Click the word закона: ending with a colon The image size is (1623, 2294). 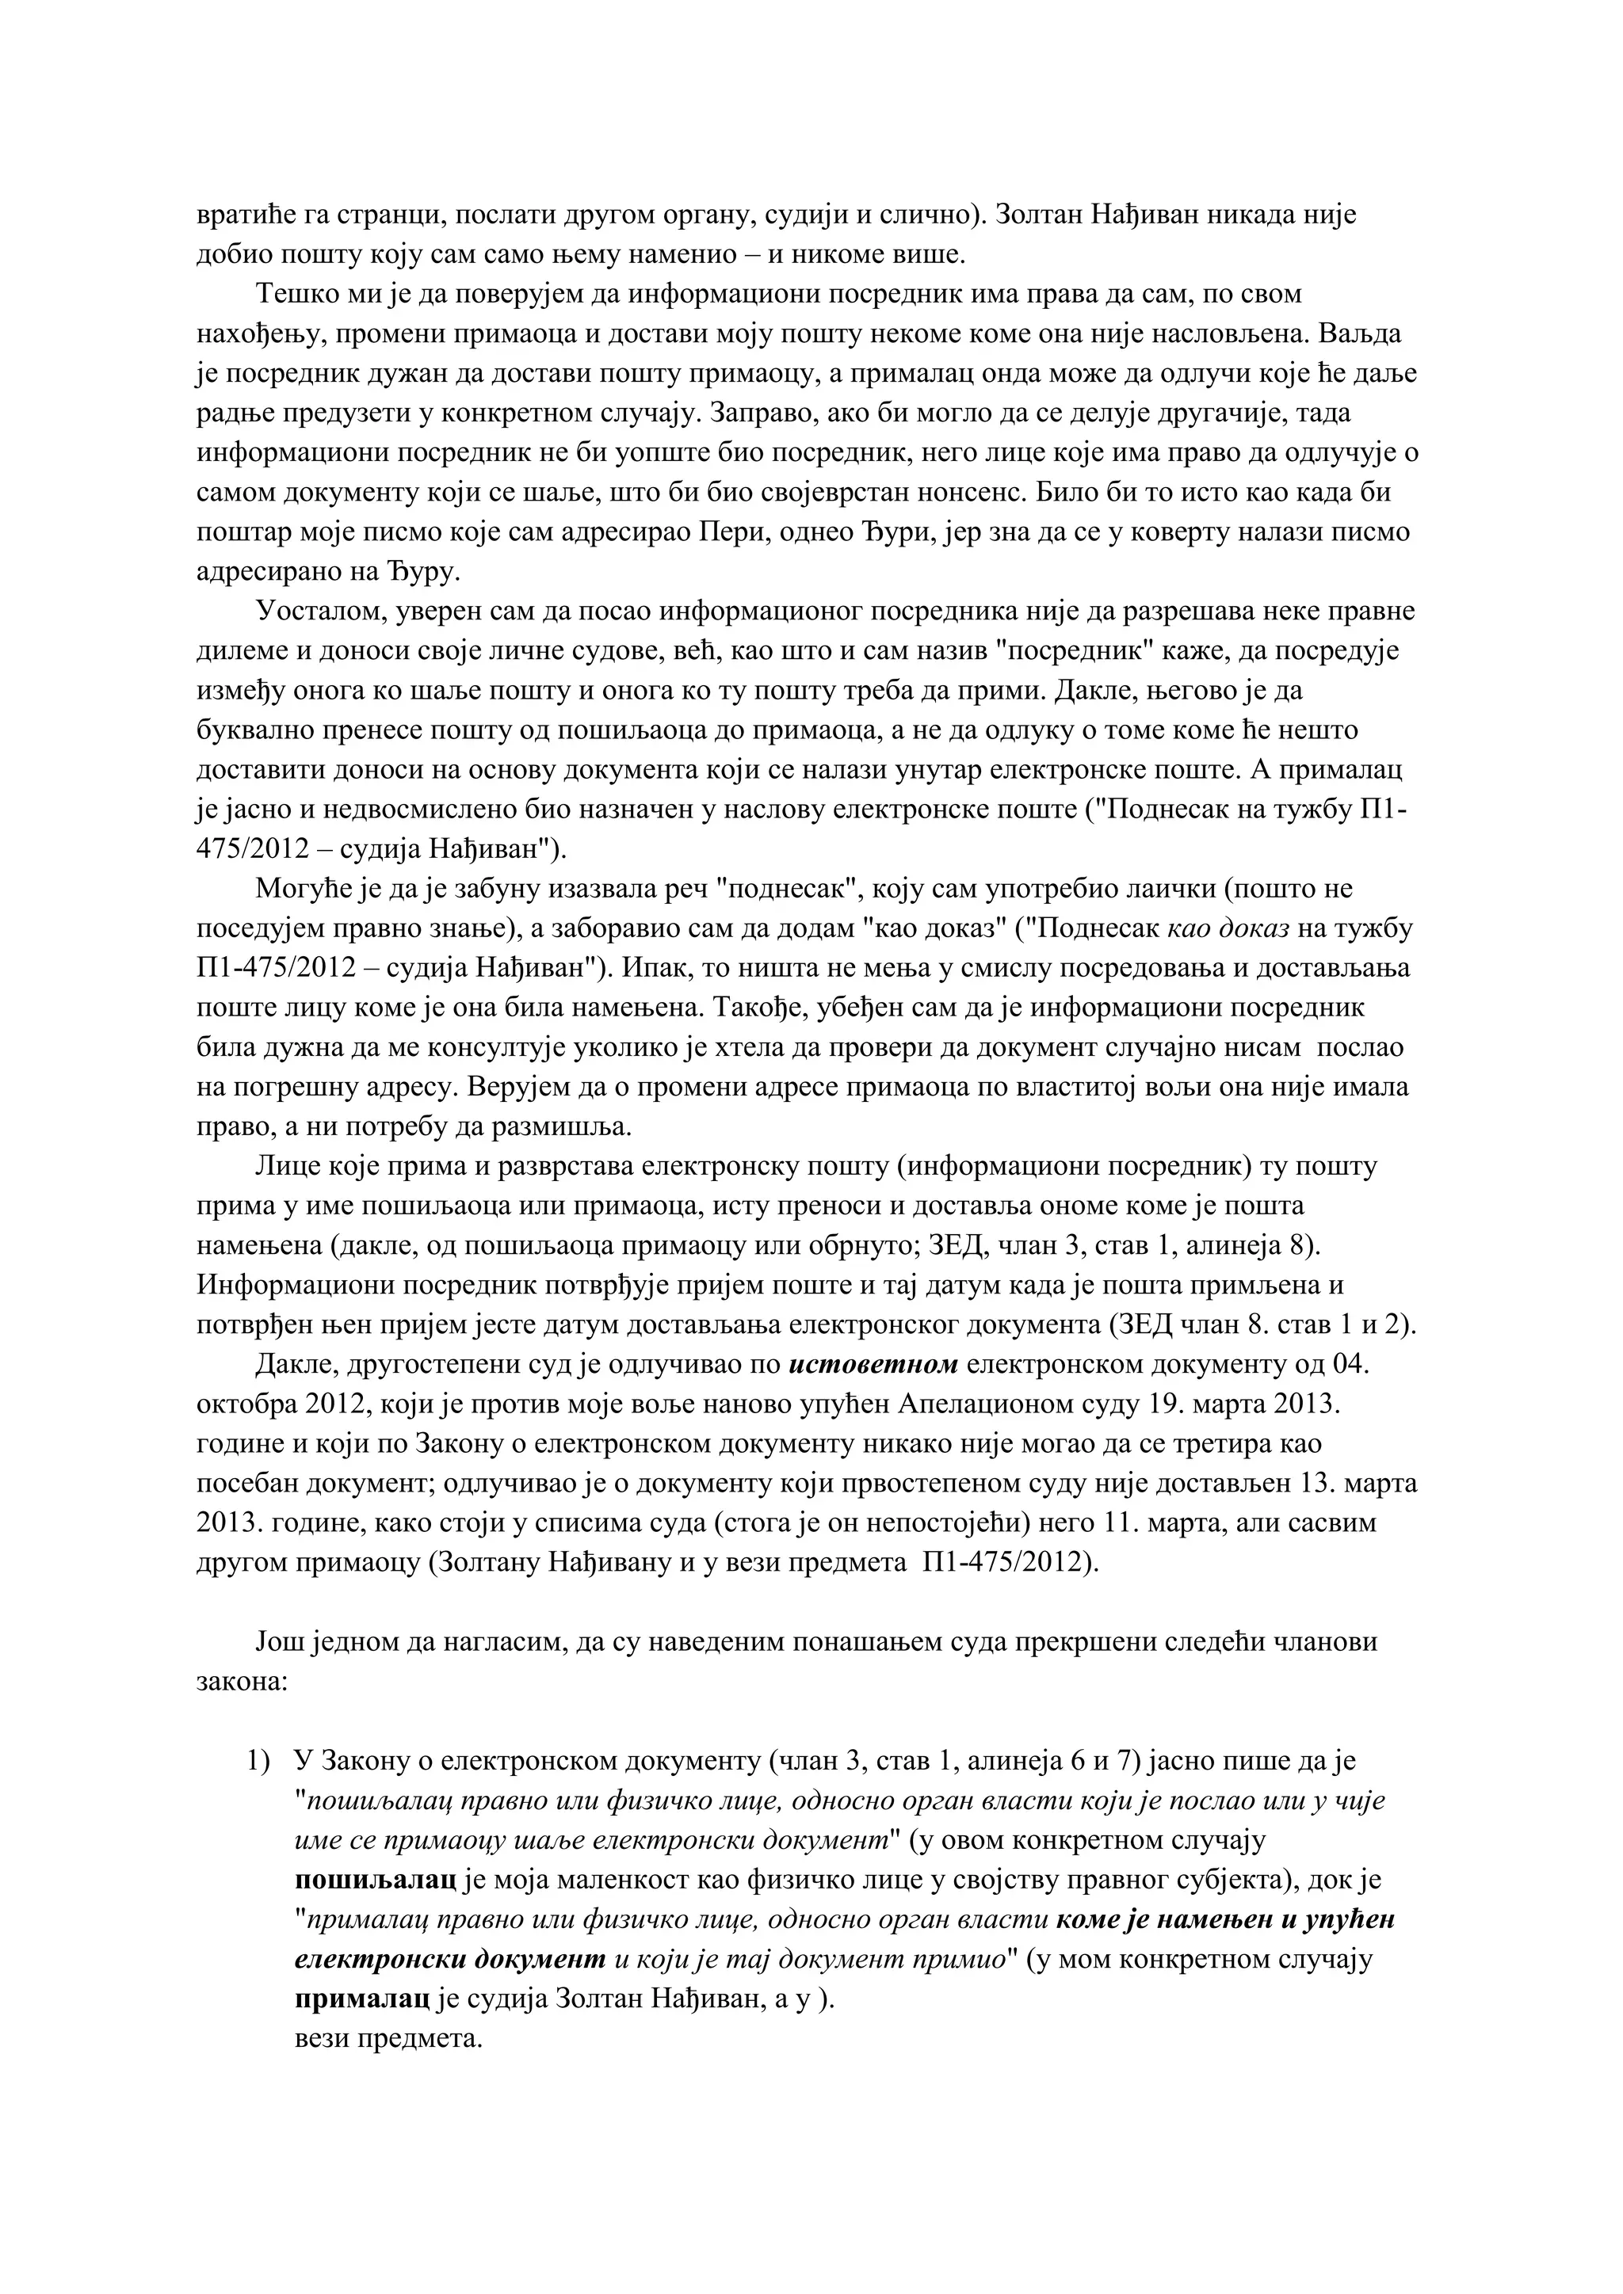click(x=242, y=1682)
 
